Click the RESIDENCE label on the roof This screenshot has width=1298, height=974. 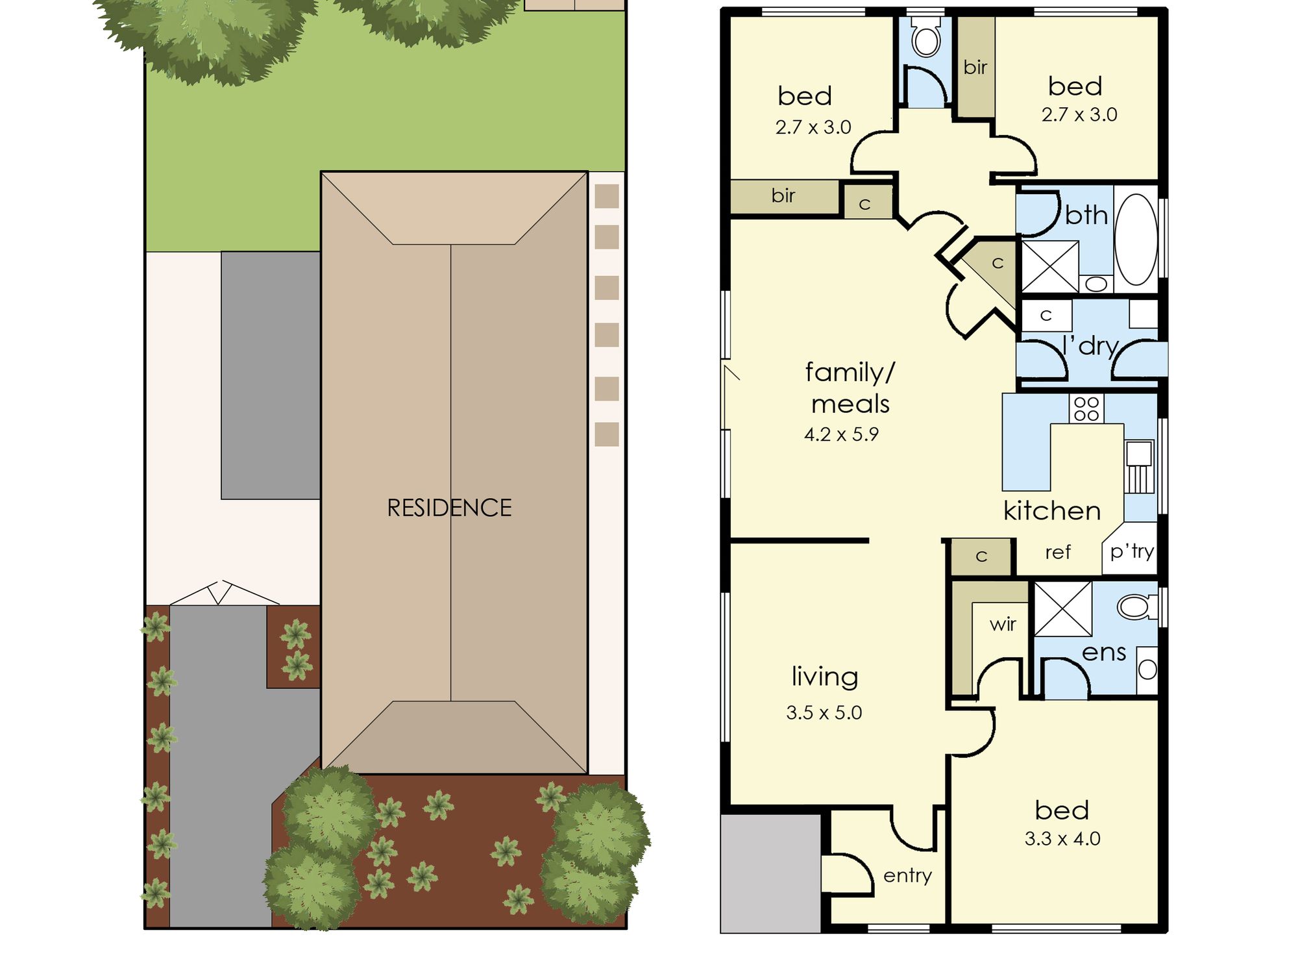pos(449,508)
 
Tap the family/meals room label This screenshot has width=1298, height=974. pos(850,388)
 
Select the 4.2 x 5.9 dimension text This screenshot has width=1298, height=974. pos(841,434)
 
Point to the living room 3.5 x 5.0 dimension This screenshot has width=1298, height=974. pos(824,712)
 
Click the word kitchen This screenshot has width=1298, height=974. pos(1052,511)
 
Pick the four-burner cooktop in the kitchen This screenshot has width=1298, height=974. pos(1086,409)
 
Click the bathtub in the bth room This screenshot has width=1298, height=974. pos(1136,239)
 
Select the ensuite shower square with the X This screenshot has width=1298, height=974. pos(1063,609)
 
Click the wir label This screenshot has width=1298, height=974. pos(1003,625)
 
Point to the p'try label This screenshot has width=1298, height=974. pos(1132,551)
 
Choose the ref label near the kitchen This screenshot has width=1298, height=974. pos(1058,553)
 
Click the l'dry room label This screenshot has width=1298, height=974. pos(1091,345)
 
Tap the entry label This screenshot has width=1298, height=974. pos(907,875)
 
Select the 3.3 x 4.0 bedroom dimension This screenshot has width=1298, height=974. pos(1062,838)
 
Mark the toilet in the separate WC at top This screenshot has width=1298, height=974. pos(926,39)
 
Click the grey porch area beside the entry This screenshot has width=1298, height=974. pos(771,873)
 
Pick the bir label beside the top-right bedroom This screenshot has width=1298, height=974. pos(975,67)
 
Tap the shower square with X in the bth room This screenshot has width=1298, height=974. pos(1050,266)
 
